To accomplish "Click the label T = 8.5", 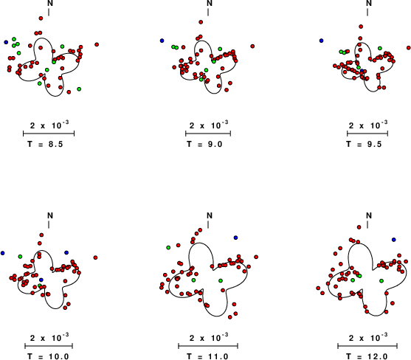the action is pyautogui.click(x=45, y=144).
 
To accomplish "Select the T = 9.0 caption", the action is pyautogui.click(x=204, y=144).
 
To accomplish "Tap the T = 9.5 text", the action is pyautogui.click(x=364, y=144).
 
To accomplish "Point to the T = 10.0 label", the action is pyautogui.click(x=48, y=356).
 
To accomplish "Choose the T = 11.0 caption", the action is pyautogui.click(x=207, y=356).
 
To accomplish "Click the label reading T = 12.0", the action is pyautogui.click(x=367, y=356).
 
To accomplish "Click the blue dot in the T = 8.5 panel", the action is pyautogui.click(x=6, y=42).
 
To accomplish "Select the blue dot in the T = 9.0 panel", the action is pyautogui.click(x=162, y=41).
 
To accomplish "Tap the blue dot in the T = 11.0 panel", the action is pyautogui.click(x=235, y=238).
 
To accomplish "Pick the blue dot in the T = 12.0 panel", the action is pyautogui.click(x=394, y=240).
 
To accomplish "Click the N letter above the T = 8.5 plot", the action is pyautogui.click(x=50, y=3).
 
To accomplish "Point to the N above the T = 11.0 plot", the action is pyautogui.click(x=210, y=215).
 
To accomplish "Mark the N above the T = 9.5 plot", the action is pyautogui.click(x=369, y=3).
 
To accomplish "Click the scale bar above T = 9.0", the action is pyautogui.click(x=208, y=134).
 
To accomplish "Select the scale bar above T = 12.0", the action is pyautogui.click(x=367, y=346).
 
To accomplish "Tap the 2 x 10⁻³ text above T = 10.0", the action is pyautogui.click(x=49, y=338).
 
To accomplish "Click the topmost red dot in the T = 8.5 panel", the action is pyautogui.click(x=41, y=18).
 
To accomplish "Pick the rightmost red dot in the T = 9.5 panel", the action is pyautogui.click(x=409, y=48).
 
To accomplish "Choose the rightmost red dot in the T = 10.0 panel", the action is pyautogui.click(x=95, y=257).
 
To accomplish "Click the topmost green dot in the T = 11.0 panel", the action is pyautogui.click(x=168, y=248).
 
